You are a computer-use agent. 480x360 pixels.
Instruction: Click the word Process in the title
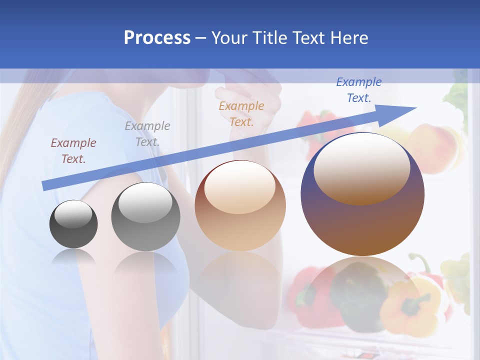pyautogui.click(x=157, y=37)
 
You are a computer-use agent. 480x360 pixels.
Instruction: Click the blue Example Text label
pyautogui.click(x=358, y=90)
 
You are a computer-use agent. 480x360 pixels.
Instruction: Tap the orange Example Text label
pyautogui.click(x=241, y=113)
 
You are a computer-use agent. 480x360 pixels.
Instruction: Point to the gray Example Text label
pyautogui.click(x=147, y=133)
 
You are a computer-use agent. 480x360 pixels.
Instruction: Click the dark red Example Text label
pyautogui.click(x=73, y=150)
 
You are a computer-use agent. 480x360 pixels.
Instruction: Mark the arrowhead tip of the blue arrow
pyautogui.click(x=415, y=108)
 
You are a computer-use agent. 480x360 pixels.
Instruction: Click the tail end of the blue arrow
pyautogui.click(x=44, y=186)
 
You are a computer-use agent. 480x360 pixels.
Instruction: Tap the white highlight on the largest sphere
pyautogui.click(x=361, y=167)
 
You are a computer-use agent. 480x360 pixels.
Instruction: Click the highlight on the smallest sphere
pyautogui.click(x=73, y=214)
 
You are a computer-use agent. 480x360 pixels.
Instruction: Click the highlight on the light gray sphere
pyautogui.click(x=145, y=202)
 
